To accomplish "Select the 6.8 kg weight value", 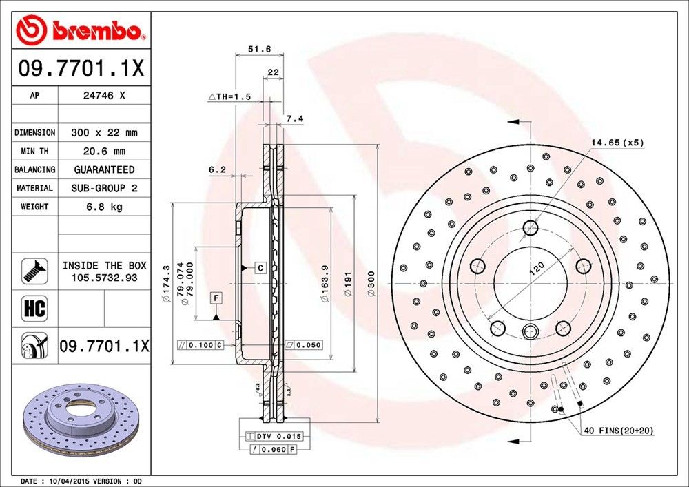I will [x=103, y=207].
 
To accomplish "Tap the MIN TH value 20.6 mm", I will [x=103, y=151].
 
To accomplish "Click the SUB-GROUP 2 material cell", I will [x=103, y=188].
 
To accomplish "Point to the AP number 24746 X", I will [x=103, y=96].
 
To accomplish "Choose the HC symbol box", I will [x=34, y=308].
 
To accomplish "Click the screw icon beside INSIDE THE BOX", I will [x=34, y=270].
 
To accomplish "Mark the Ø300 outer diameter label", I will [x=371, y=284].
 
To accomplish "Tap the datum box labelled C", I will [x=260, y=267].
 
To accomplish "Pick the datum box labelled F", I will [x=216, y=298].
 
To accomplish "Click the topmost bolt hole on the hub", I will [x=531, y=228].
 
